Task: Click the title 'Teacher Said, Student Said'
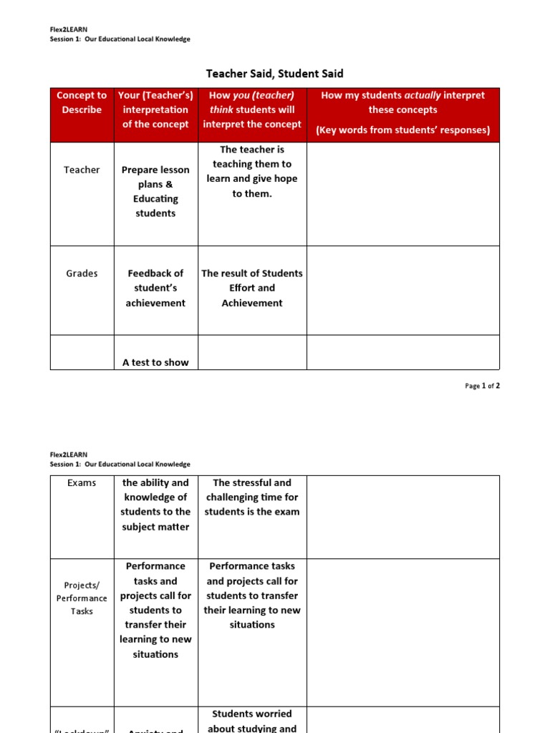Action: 274,74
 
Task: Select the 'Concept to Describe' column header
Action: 82,102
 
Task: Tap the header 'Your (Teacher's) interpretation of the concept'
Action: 155,110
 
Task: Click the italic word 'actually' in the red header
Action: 423,95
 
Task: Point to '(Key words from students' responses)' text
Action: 402,130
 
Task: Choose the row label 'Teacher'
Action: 82,170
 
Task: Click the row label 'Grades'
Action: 82,273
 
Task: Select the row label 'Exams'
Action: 82,482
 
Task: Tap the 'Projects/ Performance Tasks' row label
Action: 82,598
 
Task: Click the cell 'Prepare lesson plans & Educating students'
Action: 155,191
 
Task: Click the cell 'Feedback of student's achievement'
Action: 155,288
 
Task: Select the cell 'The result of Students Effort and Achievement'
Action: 252,288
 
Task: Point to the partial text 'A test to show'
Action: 155,362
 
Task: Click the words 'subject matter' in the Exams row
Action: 155,527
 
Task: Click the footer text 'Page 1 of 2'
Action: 482,386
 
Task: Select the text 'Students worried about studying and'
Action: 252,721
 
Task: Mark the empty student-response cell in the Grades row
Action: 402,290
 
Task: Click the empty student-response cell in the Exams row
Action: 402,517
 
